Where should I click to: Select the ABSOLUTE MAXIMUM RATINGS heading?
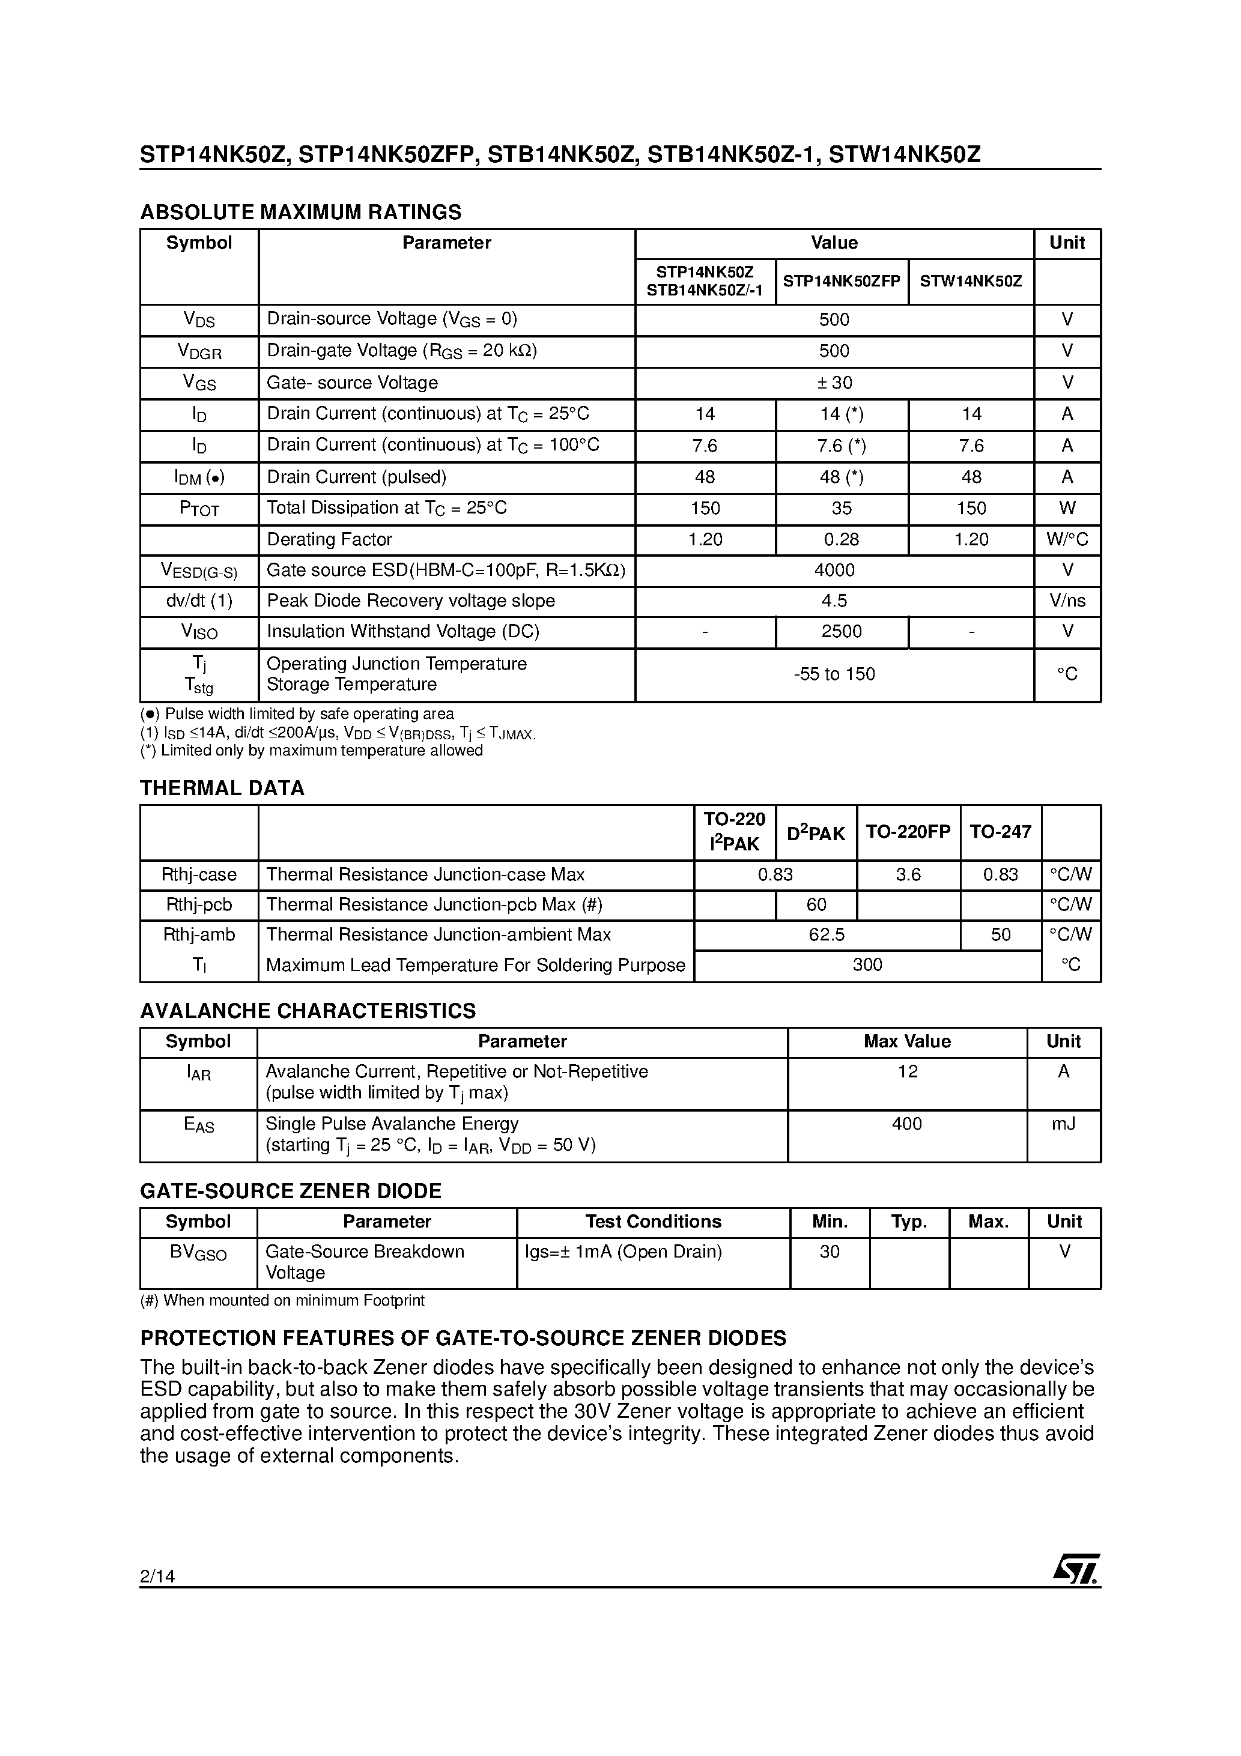(301, 212)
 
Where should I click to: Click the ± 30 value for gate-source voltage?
(834, 383)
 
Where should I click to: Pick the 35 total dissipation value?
(842, 509)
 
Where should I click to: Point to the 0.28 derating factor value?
(842, 540)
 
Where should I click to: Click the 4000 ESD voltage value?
(834, 571)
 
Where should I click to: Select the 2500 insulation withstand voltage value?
(842, 632)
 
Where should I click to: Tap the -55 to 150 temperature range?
(834, 674)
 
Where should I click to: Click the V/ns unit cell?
(1067, 601)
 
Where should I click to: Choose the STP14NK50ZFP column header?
(842, 282)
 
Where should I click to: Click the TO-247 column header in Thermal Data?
(1000, 832)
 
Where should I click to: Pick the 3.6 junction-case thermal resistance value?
(908, 875)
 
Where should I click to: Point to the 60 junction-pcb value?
(816, 905)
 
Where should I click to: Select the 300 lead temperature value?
(867, 965)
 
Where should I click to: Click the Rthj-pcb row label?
(199, 905)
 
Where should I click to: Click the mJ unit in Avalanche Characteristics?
(1063, 1124)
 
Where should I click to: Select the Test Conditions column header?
(652, 1222)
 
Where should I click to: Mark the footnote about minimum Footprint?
(282, 1301)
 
